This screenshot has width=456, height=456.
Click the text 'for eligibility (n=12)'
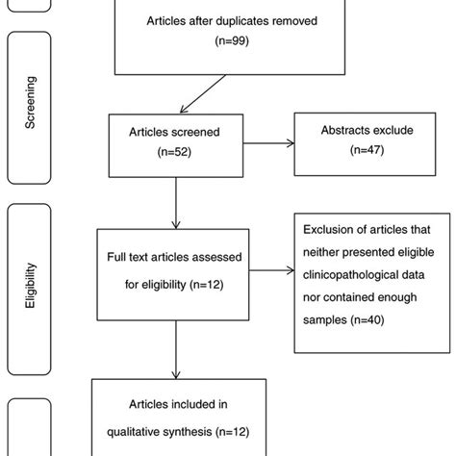click(x=173, y=285)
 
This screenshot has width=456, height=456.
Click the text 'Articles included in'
click(x=173, y=406)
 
